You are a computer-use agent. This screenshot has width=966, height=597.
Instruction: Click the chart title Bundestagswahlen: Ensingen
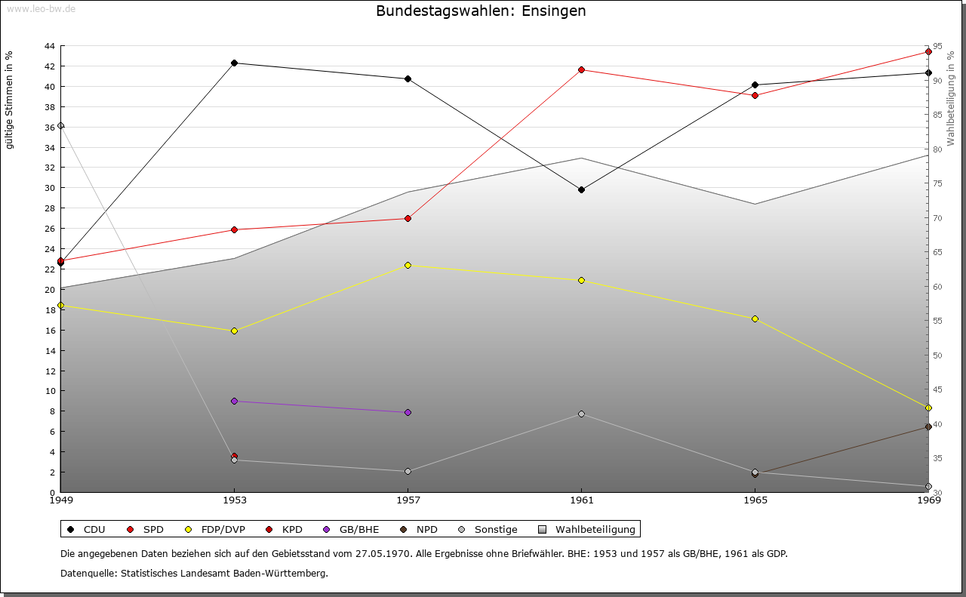coord(481,11)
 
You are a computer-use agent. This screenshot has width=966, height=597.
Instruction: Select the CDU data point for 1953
coord(234,63)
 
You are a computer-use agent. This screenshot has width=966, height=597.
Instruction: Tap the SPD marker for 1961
coord(581,70)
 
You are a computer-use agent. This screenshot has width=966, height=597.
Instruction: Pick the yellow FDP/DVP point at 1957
coord(408,265)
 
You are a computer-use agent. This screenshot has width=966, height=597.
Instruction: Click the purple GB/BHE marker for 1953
coord(234,401)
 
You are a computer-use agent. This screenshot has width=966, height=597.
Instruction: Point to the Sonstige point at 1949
coord(60,126)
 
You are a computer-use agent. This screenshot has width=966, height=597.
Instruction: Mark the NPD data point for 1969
coord(928,427)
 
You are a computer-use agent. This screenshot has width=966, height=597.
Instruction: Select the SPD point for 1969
coord(928,52)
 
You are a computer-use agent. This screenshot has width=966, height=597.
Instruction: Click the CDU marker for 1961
coord(581,189)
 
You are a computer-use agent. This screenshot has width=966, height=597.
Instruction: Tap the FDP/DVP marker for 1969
coord(928,408)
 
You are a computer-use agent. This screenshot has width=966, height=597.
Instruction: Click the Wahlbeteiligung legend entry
coord(589,529)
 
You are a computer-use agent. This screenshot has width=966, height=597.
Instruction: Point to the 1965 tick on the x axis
coord(755,500)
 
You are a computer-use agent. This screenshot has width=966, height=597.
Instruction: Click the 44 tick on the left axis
coord(49,46)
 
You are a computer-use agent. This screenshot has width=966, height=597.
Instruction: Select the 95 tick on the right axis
coord(937,46)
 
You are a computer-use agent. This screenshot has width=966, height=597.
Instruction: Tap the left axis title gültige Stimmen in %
coord(9,100)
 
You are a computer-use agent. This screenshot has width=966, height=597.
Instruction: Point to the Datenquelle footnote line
coord(194,573)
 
